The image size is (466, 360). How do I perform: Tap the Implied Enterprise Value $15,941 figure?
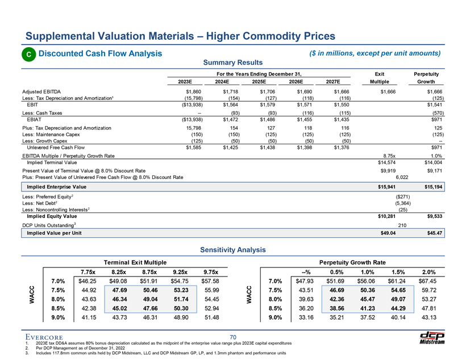[386, 187]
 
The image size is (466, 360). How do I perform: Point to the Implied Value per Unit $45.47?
[435, 233]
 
